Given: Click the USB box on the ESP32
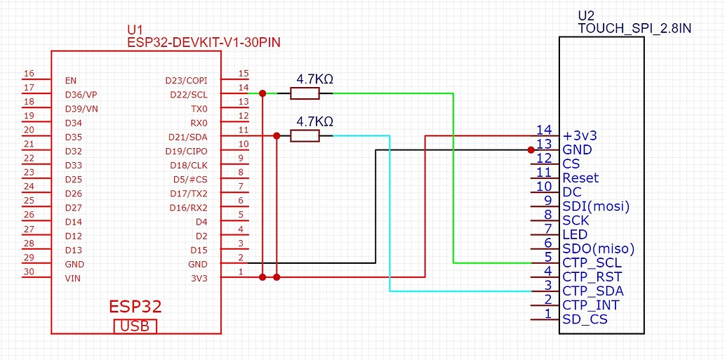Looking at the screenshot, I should [135, 326].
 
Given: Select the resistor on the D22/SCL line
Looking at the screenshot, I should [305, 93].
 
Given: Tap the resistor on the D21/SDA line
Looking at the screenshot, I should [305, 136].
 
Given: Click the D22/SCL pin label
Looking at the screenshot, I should [189, 95].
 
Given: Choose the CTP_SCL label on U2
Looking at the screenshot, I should [592, 263].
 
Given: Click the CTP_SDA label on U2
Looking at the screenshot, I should [593, 291].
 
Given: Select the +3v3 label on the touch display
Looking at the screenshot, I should [579, 135].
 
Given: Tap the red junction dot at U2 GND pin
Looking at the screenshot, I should [531, 149].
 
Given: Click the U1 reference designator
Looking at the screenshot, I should [135, 30].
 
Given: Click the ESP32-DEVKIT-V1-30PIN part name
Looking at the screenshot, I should [204, 43].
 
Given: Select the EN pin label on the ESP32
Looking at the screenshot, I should [70, 81].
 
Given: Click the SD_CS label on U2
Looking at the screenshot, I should [585, 319].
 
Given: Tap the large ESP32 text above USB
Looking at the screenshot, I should [135, 307].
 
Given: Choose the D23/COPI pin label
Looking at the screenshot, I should [186, 81].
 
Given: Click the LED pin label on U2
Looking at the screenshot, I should [575, 234].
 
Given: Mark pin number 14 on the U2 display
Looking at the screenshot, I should [544, 130].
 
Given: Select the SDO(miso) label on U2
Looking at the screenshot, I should [598, 249].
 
